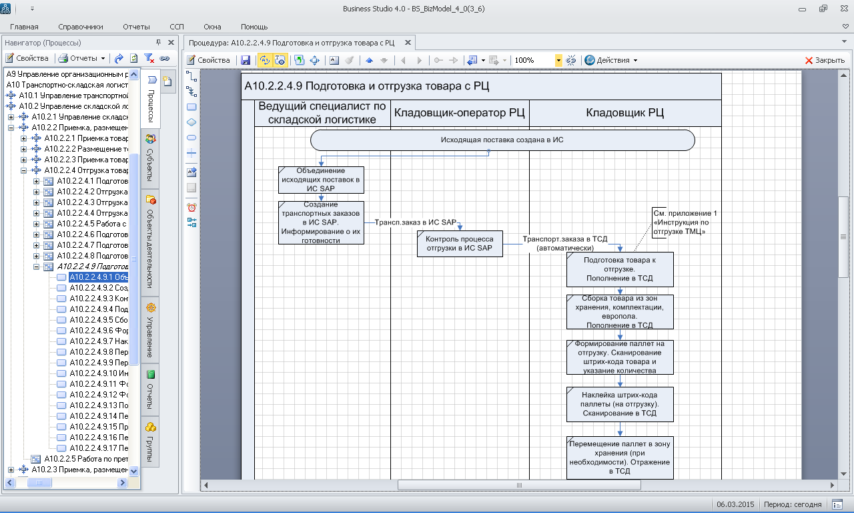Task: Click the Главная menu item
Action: (24, 27)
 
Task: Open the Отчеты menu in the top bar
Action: (136, 27)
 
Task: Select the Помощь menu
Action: (254, 27)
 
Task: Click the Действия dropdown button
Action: (611, 60)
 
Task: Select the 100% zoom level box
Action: (533, 60)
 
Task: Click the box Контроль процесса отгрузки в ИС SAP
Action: (460, 243)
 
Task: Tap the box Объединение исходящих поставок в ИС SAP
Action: (321, 180)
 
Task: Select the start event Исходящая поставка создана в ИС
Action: (502, 140)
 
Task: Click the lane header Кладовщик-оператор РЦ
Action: (460, 113)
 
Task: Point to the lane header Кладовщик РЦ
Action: (624, 113)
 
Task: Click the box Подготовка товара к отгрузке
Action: (620, 269)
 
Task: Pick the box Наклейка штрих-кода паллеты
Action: (620, 404)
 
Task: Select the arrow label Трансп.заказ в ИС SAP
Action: (415, 222)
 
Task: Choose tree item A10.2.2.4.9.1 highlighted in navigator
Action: (99, 277)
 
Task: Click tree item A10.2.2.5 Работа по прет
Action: (85, 459)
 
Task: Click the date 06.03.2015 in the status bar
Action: (735, 504)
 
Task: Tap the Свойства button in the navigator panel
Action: (27, 58)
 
